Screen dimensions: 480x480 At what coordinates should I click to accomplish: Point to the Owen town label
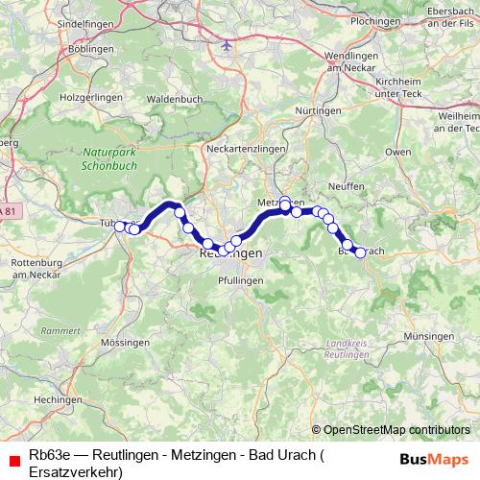tap(397, 152)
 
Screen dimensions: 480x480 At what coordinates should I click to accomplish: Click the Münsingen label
tap(428, 336)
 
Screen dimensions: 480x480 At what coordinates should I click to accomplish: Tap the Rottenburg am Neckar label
tap(37, 268)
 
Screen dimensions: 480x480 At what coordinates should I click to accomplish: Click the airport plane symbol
tap(227, 44)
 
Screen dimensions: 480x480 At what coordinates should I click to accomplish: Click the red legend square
tap(12, 461)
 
